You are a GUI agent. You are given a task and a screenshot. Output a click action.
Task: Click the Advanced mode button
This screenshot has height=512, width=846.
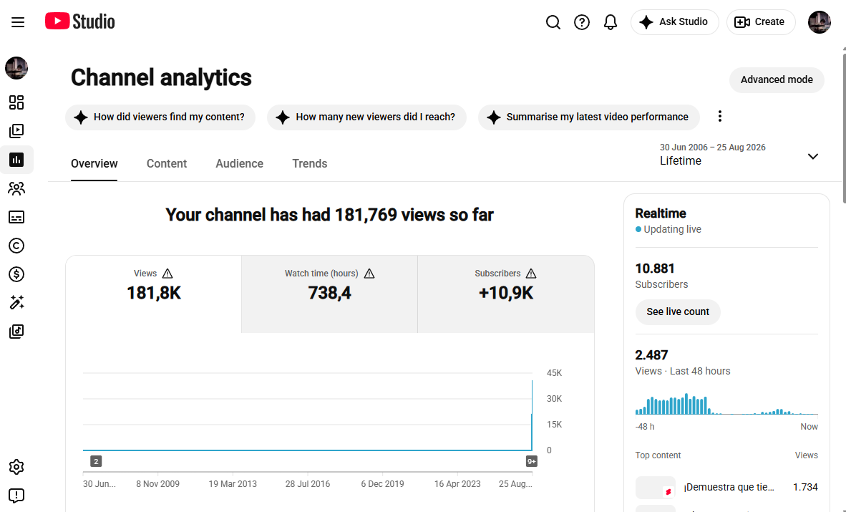777,80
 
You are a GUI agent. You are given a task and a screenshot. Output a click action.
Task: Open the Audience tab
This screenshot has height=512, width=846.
240,164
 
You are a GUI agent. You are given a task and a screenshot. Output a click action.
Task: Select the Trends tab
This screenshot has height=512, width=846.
310,164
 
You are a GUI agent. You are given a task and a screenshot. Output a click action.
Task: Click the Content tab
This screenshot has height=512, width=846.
167,164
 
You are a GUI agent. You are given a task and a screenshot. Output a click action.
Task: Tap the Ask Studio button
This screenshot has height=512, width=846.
674,22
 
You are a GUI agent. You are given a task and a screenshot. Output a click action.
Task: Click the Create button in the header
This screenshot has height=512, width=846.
761,22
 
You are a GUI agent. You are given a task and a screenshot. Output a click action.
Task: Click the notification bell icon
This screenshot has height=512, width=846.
611,22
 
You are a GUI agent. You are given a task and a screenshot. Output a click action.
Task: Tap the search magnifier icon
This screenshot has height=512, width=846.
553,22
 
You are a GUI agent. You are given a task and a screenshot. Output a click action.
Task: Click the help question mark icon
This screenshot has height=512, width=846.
582,22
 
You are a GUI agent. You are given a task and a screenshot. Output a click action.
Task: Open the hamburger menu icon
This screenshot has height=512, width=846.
18,22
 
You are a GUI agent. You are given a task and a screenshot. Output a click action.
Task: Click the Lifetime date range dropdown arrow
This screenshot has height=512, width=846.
812,157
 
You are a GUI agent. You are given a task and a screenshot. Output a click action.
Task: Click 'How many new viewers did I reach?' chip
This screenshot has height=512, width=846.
366,117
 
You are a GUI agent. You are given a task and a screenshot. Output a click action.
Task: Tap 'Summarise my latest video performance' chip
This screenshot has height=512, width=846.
588,117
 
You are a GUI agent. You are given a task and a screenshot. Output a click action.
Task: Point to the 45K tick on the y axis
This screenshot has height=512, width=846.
554,372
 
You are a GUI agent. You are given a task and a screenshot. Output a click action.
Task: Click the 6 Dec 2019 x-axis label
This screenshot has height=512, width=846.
382,484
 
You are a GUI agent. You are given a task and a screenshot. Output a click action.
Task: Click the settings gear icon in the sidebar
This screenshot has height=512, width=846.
16,467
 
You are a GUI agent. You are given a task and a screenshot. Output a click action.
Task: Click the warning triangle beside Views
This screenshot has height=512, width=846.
167,274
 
